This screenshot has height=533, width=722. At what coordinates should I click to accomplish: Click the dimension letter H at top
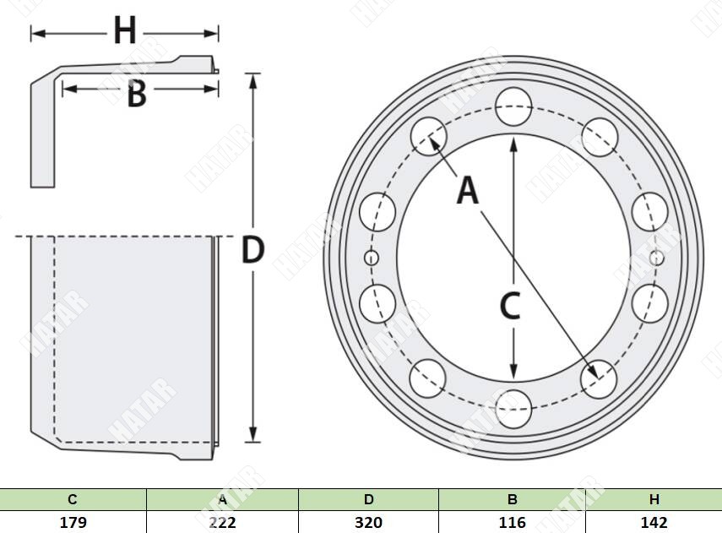point(125,31)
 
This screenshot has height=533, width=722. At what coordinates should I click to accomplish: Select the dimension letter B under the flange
point(137,94)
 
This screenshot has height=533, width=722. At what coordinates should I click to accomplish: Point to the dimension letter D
point(252,250)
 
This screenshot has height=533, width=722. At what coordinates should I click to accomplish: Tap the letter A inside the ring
point(468,191)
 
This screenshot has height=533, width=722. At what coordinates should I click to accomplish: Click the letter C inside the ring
point(510,307)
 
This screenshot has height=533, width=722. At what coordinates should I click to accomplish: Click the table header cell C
point(73,499)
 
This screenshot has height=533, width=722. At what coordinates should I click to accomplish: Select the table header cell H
point(654,499)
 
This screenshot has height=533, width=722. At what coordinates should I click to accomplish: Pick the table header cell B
point(512,499)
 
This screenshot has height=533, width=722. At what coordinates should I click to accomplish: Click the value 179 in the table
point(73,522)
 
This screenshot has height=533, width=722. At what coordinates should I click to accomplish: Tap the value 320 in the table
point(368,522)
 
